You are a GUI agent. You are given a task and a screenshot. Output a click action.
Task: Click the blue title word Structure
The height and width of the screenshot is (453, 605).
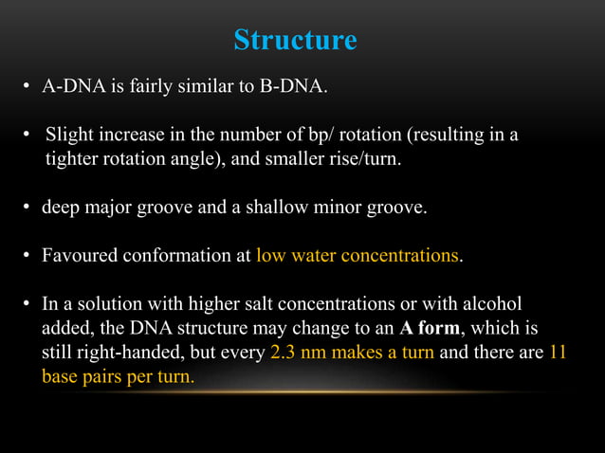[x=295, y=41]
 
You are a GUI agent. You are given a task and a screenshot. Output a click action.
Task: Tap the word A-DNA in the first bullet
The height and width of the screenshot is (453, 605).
[x=68, y=88]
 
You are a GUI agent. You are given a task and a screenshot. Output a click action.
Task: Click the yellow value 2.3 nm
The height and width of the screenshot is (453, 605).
[x=295, y=354]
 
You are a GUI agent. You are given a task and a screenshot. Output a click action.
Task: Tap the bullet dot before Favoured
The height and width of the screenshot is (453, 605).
[x=27, y=256]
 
